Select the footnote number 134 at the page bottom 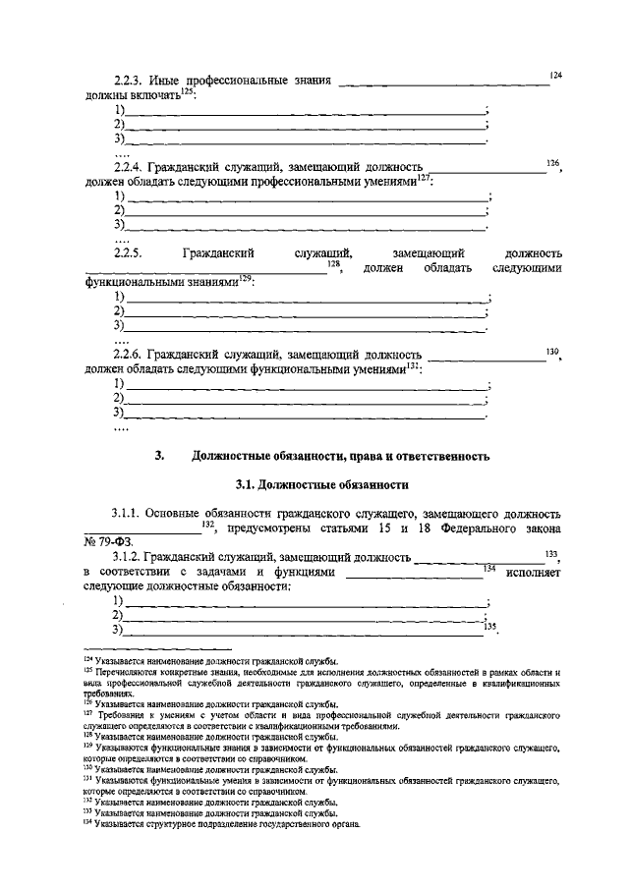87,824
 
